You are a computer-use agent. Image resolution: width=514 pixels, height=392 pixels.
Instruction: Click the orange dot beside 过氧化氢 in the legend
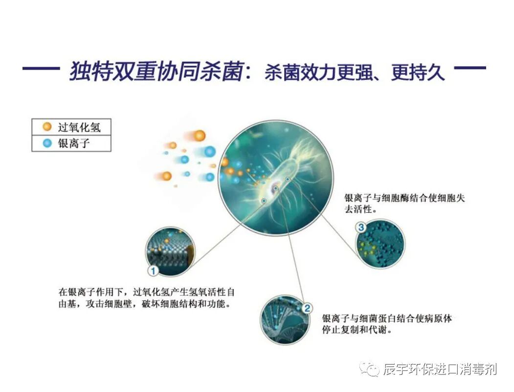point(47,127)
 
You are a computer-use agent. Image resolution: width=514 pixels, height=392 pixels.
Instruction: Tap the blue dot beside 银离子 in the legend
point(47,143)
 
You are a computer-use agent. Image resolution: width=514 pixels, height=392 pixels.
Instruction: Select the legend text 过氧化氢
point(79,127)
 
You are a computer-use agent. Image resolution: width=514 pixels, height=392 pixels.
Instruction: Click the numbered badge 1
point(153,270)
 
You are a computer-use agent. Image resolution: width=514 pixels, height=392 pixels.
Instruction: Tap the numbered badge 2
point(307,308)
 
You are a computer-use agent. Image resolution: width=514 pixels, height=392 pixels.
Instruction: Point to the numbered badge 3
point(361,227)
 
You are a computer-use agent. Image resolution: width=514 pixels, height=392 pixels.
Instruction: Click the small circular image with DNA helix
point(283,318)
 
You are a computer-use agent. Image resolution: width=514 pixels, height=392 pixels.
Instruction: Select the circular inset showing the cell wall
point(171,250)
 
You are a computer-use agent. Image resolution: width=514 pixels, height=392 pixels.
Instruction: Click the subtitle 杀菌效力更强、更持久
point(355,73)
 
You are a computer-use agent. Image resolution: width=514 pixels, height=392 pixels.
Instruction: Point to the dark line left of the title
point(41,69)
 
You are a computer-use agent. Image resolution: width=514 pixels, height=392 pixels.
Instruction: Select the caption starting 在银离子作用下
point(147,297)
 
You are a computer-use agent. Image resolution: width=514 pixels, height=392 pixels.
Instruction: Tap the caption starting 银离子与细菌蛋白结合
point(386,324)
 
